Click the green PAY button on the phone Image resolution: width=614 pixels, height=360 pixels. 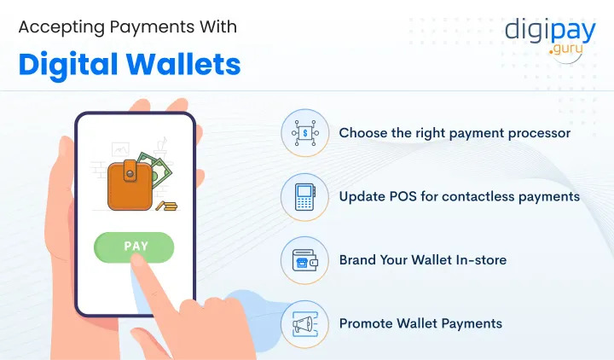pyautogui.click(x=136, y=247)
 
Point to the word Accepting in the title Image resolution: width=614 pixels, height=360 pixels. pyautogui.click(x=59, y=26)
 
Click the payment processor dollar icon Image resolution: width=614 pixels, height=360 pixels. pyautogui.click(x=305, y=133)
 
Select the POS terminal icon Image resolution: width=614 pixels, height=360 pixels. pyautogui.click(x=305, y=196)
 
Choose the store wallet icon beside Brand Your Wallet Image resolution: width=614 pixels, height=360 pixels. pyautogui.click(x=305, y=260)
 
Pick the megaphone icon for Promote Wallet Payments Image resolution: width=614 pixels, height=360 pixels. pyautogui.click(x=305, y=323)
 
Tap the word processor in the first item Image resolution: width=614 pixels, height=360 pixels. pyautogui.click(x=537, y=133)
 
